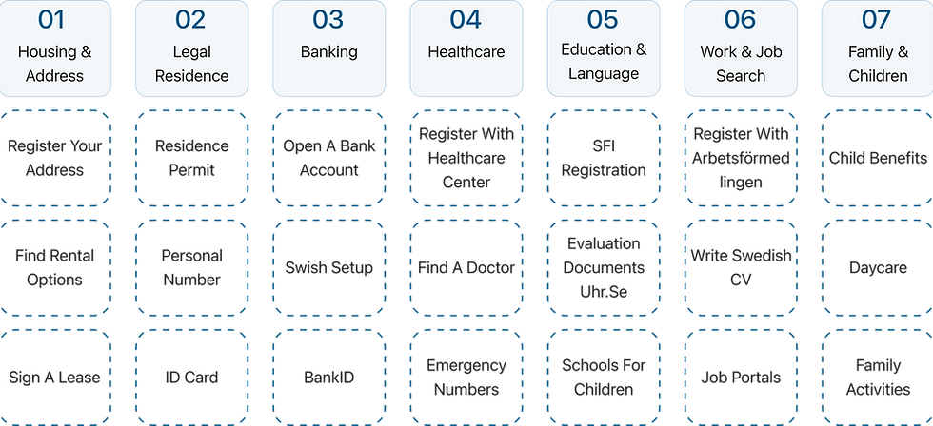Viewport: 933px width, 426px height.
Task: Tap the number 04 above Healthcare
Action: [466, 19]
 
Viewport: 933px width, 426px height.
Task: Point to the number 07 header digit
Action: [877, 19]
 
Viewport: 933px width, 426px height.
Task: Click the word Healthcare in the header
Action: [466, 51]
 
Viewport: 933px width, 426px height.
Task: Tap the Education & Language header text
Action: [603, 61]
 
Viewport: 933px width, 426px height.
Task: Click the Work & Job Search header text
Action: [740, 63]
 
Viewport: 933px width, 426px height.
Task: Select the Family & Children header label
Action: [877, 63]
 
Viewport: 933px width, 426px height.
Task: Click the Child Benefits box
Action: [877, 158]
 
